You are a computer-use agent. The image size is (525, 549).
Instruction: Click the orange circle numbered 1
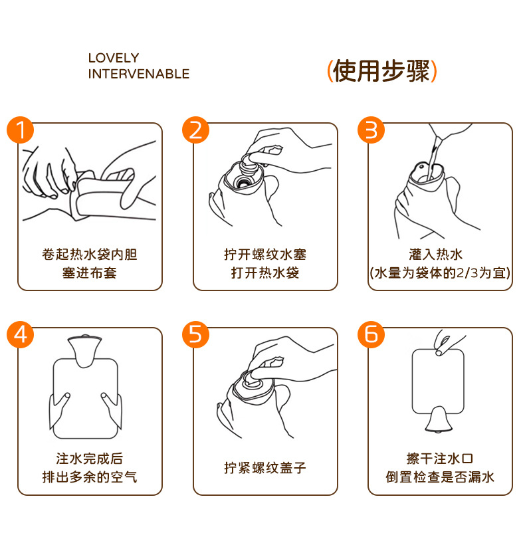[21, 130]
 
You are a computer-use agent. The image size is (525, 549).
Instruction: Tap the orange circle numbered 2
[195, 130]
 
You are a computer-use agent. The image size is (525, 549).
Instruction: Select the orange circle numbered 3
[371, 130]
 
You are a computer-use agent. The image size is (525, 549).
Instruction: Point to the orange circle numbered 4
[21, 334]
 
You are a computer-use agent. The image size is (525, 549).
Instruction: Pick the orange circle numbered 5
[195, 334]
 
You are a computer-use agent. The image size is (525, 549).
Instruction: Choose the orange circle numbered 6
[371, 334]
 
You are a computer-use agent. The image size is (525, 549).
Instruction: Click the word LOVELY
[114, 58]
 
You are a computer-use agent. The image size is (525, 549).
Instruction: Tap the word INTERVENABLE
[139, 74]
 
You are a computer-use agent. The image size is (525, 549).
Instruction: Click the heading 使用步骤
[381, 71]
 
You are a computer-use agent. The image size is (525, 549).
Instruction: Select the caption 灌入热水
[436, 255]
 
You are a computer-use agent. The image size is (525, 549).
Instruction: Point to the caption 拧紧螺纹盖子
[265, 467]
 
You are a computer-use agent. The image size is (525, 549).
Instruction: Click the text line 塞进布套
[90, 273]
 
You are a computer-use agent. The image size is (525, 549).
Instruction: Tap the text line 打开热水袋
[265, 273]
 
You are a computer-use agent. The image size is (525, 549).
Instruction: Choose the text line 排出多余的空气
[90, 477]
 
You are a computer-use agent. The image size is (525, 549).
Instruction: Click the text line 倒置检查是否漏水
[440, 477]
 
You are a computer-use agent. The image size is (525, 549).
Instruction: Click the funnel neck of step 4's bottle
[84, 351]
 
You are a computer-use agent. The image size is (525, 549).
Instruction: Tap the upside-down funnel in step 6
[438, 419]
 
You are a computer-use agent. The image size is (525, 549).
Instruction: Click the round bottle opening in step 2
[242, 181]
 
